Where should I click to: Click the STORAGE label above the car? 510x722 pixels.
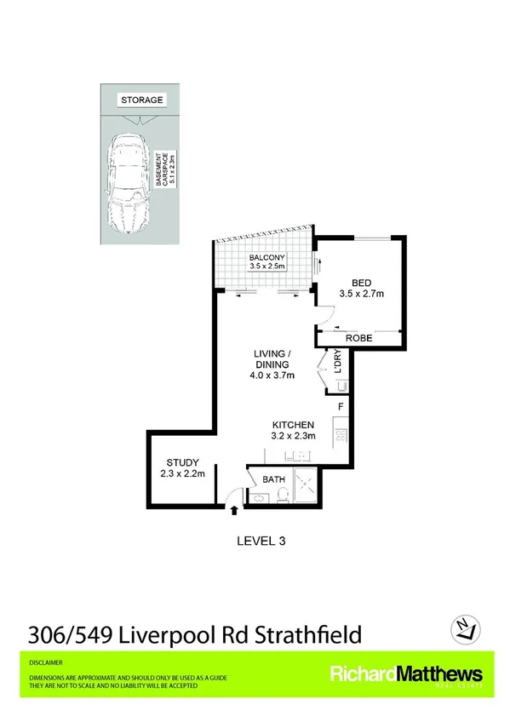(x=141, y=100)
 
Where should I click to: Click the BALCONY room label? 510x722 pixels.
(x=266, y=257)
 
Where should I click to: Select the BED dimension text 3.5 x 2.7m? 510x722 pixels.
(x=358, y=295)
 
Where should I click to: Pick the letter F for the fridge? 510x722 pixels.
(x=340, y=408)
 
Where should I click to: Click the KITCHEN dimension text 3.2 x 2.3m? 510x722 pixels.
(x=294, y=436)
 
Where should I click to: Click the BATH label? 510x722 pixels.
(x=272, y=479)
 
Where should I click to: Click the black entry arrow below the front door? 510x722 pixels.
(x=236, y=509)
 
